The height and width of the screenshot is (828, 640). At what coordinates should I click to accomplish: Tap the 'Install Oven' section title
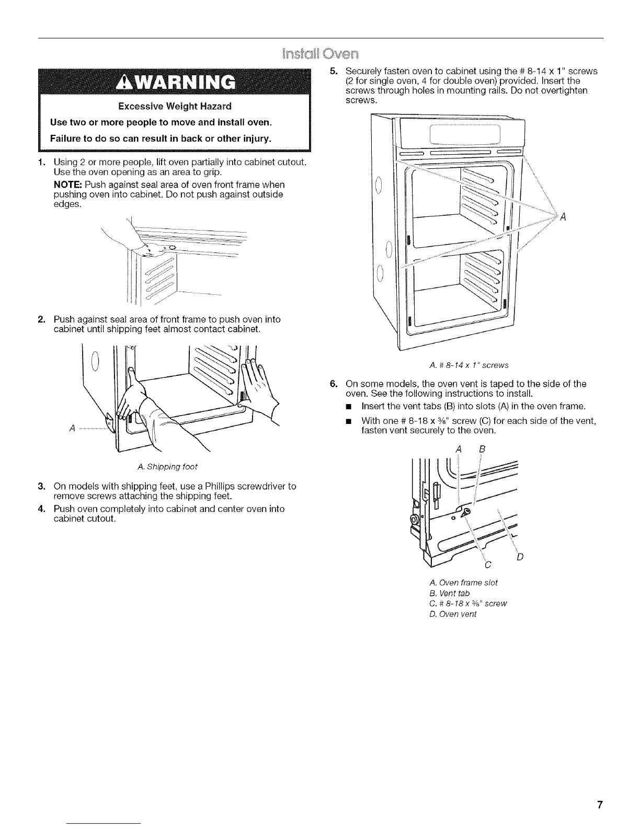click(320, 54)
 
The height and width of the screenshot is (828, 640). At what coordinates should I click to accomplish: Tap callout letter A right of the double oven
click(563, 218)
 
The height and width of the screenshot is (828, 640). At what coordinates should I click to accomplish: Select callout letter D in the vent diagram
click(520, 557)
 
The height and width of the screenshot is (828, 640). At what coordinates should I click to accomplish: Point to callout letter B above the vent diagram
click(482, 448)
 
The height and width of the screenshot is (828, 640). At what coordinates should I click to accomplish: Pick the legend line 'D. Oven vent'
click(452, 614)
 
